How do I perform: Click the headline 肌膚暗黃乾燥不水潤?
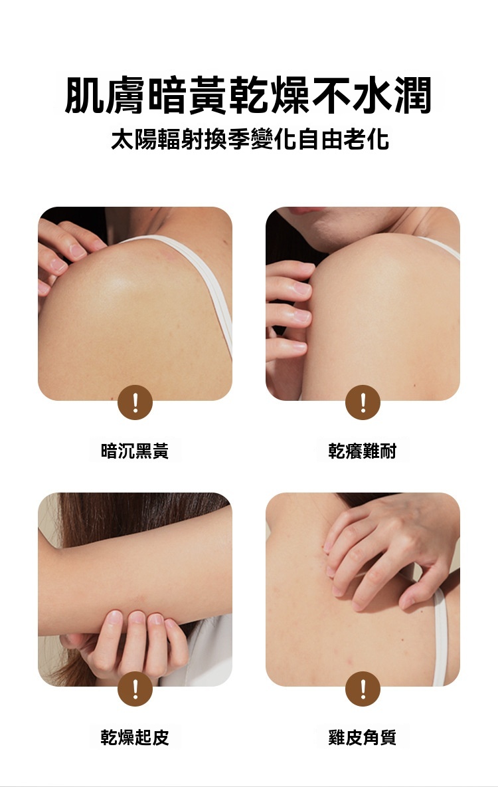point(248,96)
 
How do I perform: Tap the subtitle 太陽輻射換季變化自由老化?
point(250,139)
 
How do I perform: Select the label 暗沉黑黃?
point(134,451)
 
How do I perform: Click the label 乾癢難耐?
point(362,451)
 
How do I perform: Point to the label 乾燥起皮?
point(134,737)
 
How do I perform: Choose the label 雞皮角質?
point(362,737)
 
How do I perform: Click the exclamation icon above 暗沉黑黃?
point(135,403)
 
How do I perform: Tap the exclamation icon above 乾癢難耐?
point(363,403)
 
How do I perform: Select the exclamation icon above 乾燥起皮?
point(135,689)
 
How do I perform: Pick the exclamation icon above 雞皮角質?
point(363,689)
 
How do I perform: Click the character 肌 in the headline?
point(85,96)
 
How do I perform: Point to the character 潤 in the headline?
point(412,96)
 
